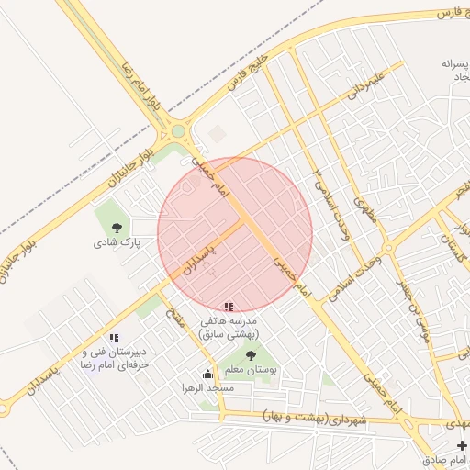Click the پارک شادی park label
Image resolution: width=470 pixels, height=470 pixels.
(x=117, y=244)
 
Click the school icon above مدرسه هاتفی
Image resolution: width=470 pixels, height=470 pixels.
(x=228, y=307)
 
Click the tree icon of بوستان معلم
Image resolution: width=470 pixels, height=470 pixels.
(x=251, y=355)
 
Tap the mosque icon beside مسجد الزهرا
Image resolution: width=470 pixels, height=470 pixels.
(x=207, y=374)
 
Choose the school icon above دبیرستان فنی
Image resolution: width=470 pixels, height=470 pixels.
(x=114, y=338)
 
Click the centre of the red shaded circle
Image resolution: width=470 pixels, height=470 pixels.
(x=235, y=234)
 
